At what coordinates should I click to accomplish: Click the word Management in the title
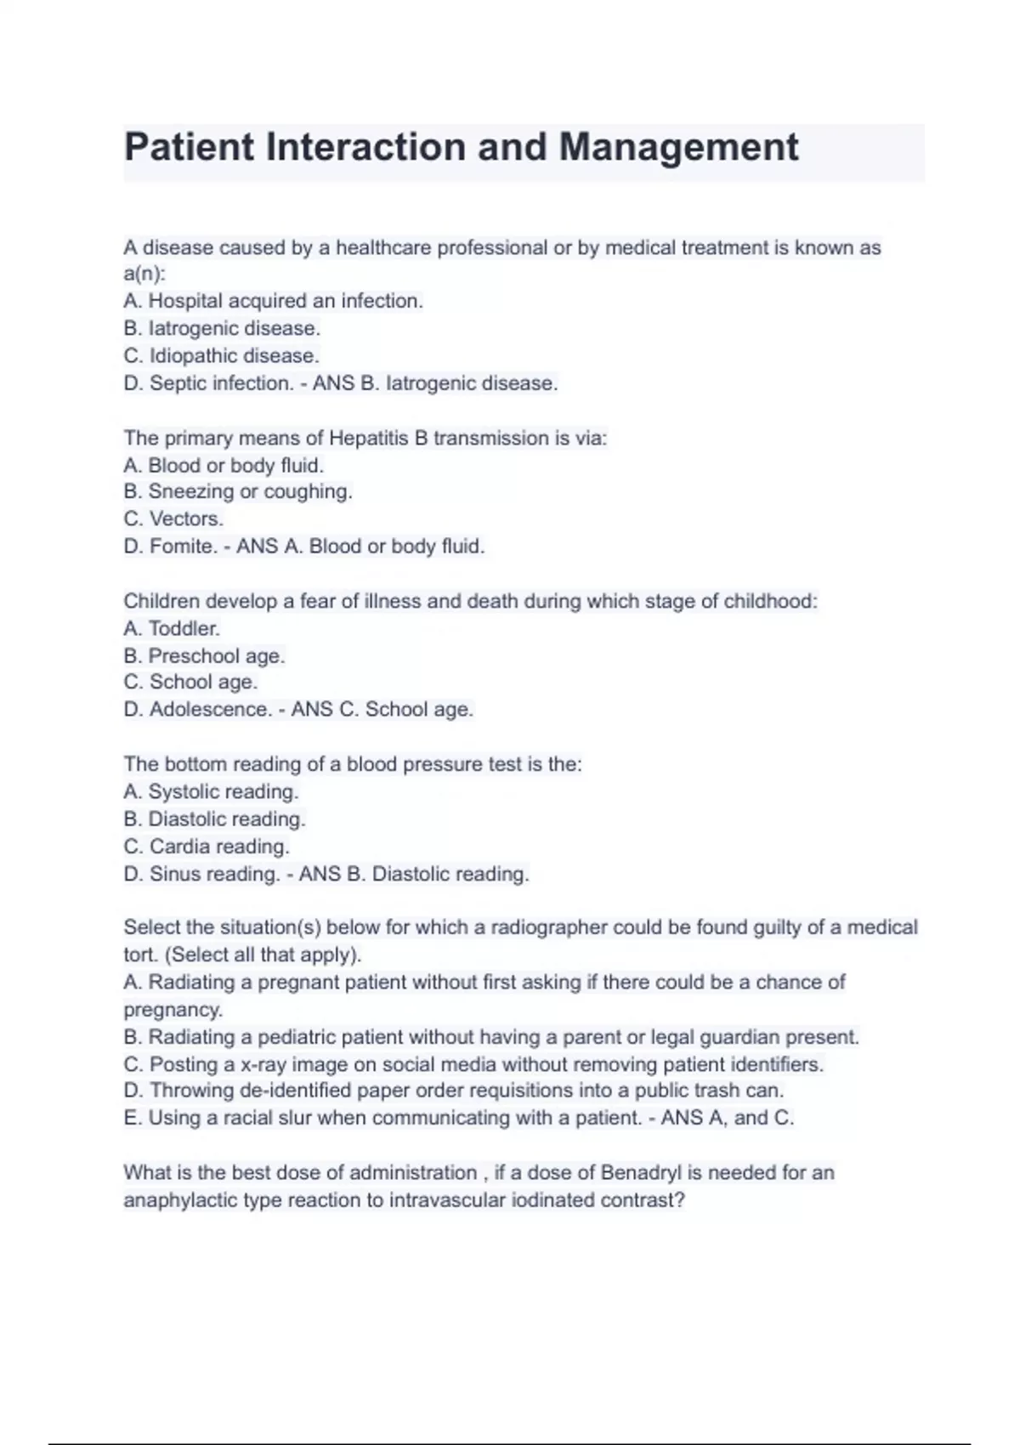point(678,148)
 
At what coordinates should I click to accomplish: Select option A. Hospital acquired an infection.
point(273,301)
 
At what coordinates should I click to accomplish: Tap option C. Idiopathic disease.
point(221,355)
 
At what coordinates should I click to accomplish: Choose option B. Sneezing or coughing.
point(237,491)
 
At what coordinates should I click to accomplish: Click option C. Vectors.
point(173,518)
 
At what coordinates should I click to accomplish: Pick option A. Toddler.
point(172,628)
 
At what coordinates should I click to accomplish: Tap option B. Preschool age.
point(204,655)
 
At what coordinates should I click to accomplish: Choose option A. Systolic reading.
point(211,791)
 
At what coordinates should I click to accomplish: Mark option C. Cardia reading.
point(207,847)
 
